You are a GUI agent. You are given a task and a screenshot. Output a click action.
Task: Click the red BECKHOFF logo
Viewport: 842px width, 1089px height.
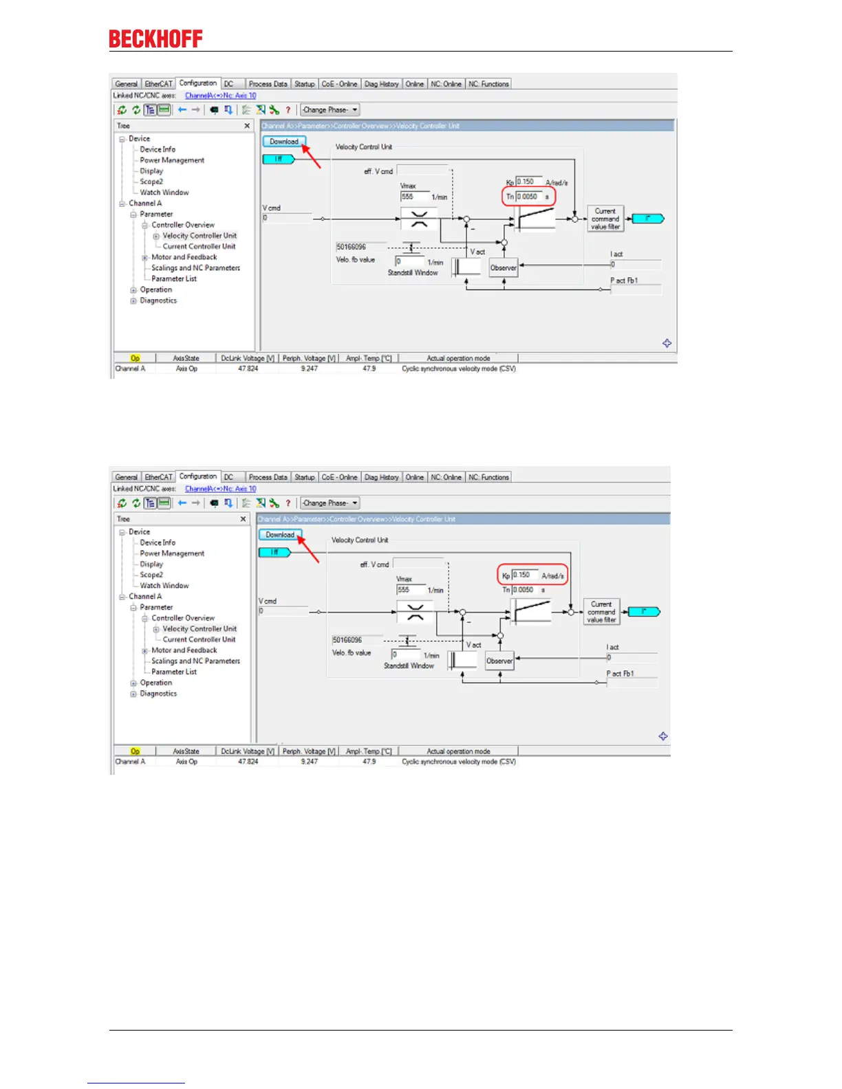click(x=155, y=39)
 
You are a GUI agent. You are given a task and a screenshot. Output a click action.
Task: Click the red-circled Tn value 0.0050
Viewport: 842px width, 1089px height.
click(x=528, y=197)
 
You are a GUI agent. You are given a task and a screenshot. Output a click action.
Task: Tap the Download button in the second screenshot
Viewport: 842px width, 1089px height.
click(x=280, y=535)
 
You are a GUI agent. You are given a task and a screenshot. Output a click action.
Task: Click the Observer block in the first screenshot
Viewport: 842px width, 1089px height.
click(x=503, y=267)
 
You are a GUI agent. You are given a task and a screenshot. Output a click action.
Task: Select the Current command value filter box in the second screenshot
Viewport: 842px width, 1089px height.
click(x=601, y=612)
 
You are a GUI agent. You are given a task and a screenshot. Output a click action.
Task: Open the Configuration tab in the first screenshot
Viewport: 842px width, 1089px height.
click(x=198, y=83)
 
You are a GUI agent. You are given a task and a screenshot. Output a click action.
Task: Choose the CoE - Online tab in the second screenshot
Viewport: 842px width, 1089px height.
click(x=339, y=477)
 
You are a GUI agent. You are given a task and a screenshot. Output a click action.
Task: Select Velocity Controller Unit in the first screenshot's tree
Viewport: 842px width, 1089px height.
click(x=199, y=236)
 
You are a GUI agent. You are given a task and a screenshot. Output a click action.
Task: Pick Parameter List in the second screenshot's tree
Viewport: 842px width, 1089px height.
click(x=174, y=672)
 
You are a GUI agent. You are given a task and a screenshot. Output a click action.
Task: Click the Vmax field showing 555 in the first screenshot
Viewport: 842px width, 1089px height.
click(x=414, y=197)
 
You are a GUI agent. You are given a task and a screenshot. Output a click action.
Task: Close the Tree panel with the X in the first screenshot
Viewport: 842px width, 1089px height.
click(x=248, y=126)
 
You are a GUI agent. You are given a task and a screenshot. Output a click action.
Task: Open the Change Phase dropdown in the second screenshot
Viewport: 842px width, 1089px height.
click(x=330, y=503)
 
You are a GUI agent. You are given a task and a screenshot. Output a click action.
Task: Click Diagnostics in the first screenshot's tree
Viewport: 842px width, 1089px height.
click(x=158, y=300)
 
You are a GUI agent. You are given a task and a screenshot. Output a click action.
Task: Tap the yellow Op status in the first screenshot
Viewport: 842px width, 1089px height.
click(x=135, y=358)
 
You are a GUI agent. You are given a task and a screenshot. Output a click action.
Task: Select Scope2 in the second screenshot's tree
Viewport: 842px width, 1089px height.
click(x=151, y=575)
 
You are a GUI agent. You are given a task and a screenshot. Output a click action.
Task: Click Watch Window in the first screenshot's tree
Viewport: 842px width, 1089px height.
click(x=164, y=192)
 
